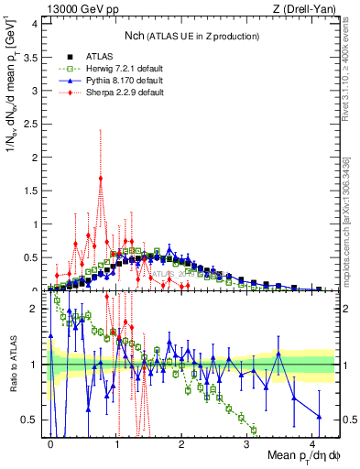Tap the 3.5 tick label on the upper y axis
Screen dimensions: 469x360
click(33, 56)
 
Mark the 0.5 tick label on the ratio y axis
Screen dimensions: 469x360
click(33, 420)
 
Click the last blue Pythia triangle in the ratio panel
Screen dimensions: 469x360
click(318, 416)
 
